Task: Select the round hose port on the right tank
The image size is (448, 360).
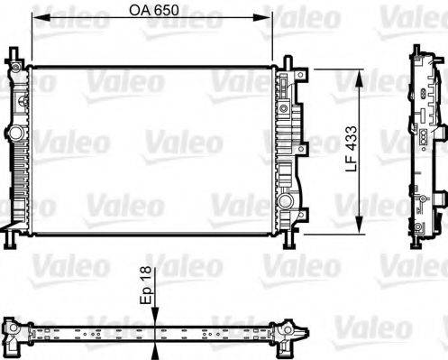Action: click(x=286, y=201)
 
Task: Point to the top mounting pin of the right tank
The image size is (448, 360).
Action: click(x=288, y=61)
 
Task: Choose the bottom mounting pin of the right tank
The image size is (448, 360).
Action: click(x=288, y=242)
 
